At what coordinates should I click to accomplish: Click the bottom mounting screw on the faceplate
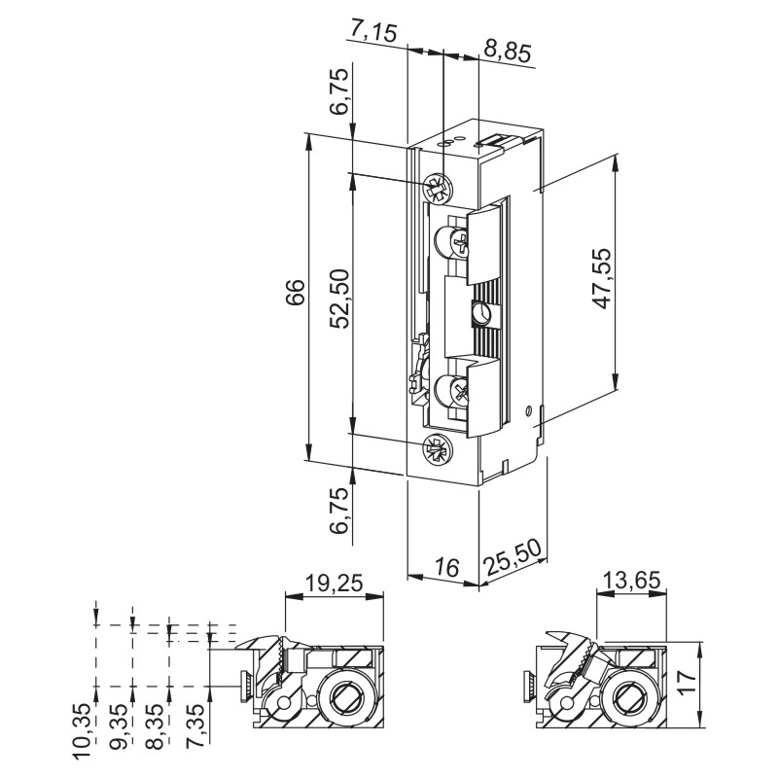tap(437, 449)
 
